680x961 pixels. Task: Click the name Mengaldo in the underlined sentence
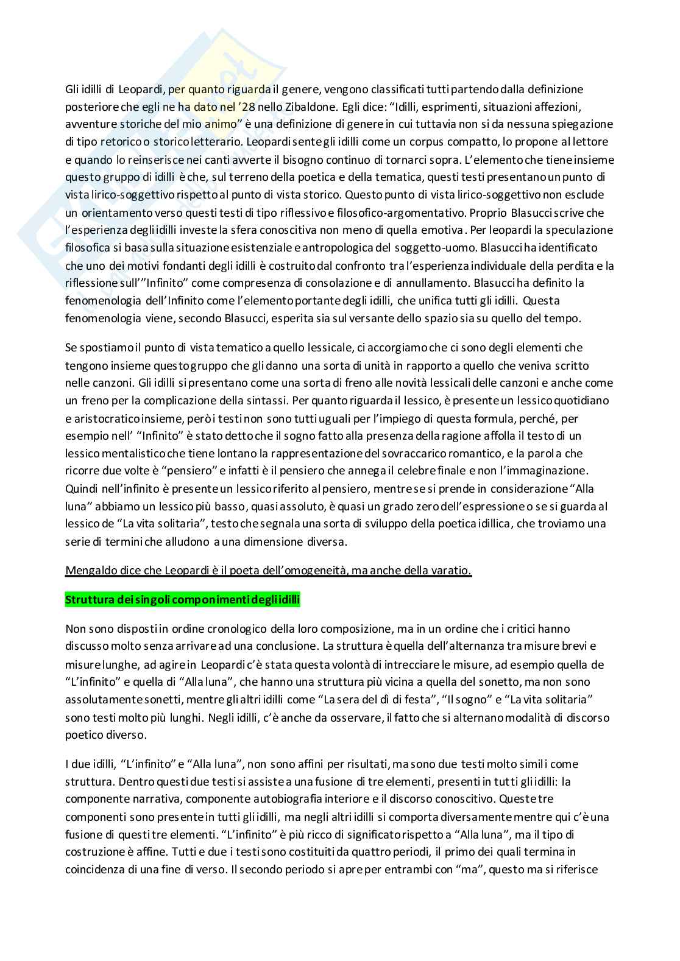click(90, 571)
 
